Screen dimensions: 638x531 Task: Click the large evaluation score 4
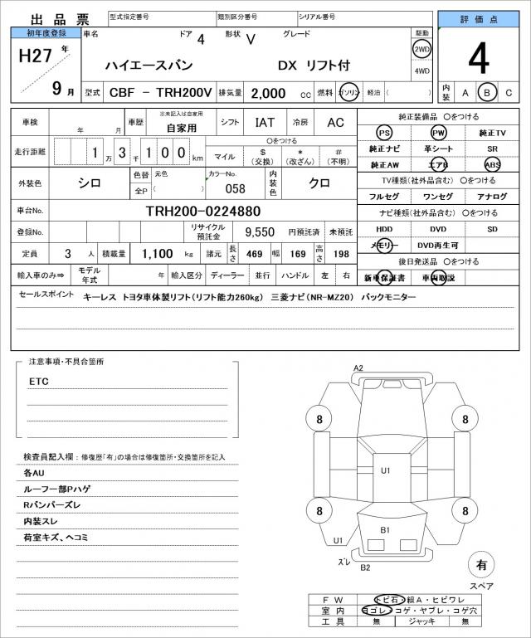(x=478, y=60)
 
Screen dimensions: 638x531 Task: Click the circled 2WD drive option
(x=422, y=48)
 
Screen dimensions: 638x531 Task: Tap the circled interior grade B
(x=488, y=92)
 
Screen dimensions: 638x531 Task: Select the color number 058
(x=225, y=188)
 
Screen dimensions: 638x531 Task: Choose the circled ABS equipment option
(x=493, y=164)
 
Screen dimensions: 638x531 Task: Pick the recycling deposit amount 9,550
(x=259, y=232)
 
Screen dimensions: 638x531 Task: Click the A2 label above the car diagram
(x=358, y=368)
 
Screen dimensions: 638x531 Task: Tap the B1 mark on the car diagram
(x=386, y=529)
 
